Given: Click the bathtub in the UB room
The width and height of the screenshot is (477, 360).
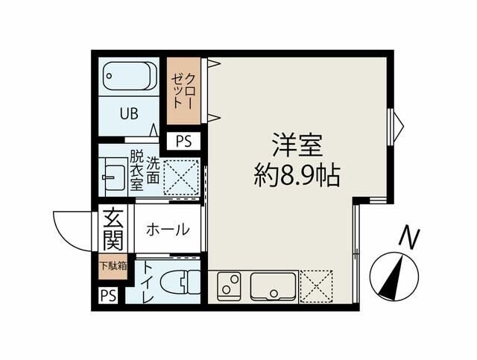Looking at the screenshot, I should (x=129, y=77).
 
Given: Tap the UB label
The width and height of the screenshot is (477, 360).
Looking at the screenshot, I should (x=130, y=115).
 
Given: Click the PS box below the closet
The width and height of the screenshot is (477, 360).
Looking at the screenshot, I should (x=183, y=140).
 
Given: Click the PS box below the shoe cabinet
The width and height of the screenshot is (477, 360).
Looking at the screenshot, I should (x=109, y=295).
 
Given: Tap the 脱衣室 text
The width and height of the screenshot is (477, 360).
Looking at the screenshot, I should (x=136, y=171).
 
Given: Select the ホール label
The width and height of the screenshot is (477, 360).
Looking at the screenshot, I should (x=166, y=230).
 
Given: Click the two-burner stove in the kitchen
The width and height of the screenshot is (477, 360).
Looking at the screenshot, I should (x=230, y=285).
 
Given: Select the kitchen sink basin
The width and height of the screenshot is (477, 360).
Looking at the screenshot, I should (x=272, y=285).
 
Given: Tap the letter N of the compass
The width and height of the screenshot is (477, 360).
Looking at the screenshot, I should (x=408, y=237).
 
